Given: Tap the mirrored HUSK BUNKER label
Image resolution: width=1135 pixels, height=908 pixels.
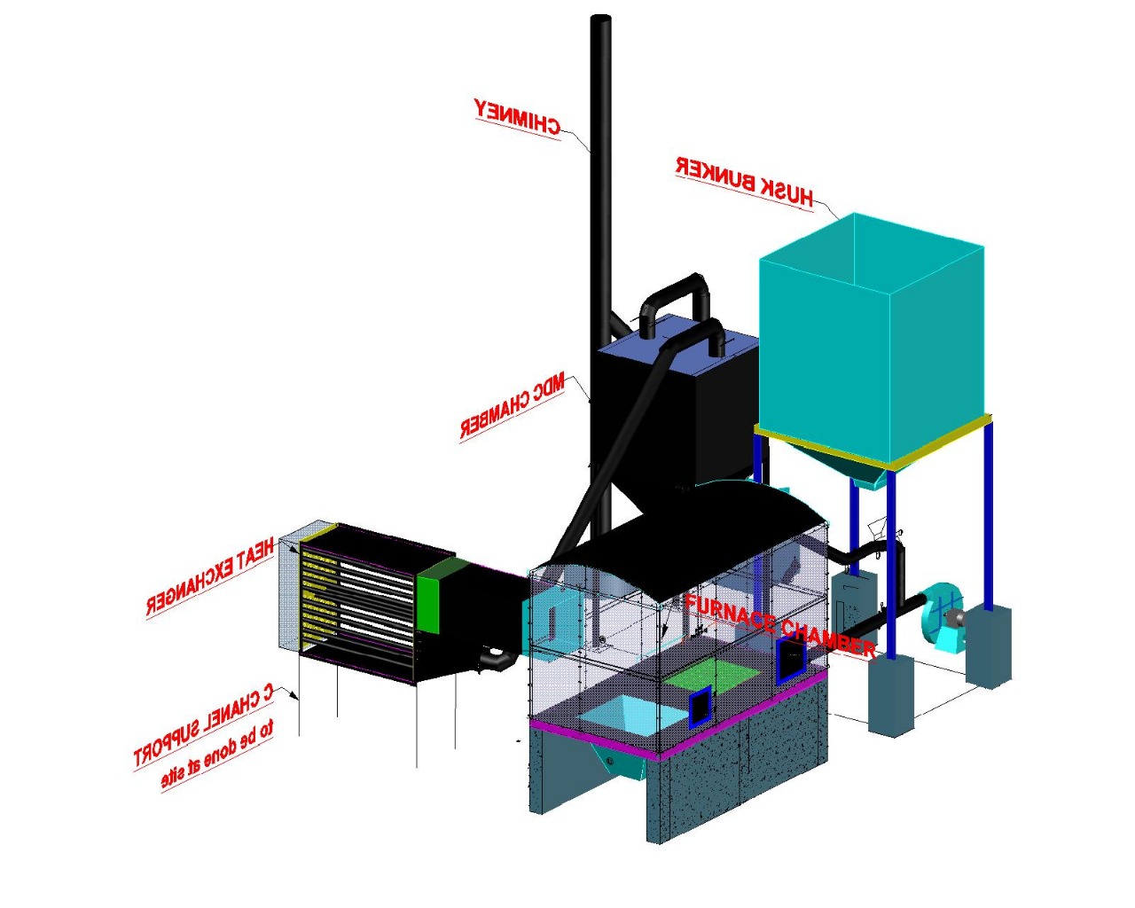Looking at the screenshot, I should (744, 181).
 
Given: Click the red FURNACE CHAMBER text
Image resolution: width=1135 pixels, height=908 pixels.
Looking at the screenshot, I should (780, 625).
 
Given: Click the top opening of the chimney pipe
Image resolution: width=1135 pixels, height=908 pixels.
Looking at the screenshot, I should (600, 19).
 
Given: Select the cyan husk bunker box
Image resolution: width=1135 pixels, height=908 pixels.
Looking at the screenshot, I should (869, 337).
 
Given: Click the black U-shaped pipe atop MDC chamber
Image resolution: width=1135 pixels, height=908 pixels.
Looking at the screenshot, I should (677, 293).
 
